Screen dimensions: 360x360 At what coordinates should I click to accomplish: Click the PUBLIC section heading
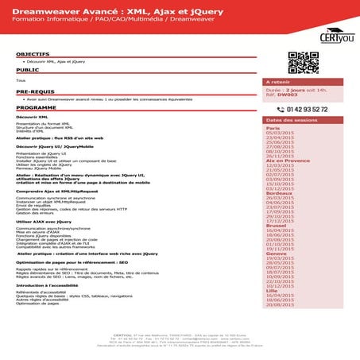[22, 71]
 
